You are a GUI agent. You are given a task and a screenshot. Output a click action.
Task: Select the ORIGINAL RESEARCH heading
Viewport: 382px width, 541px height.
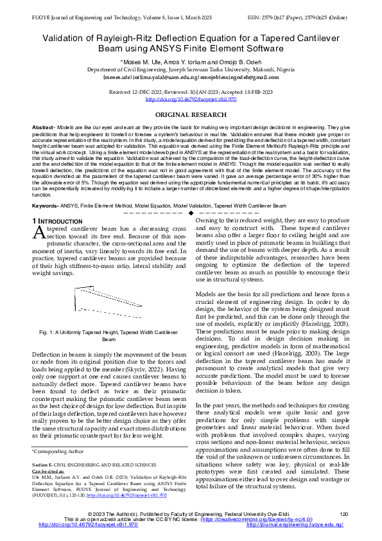[191, 114]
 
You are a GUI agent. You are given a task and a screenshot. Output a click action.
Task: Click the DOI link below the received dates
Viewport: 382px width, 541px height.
[191, 99]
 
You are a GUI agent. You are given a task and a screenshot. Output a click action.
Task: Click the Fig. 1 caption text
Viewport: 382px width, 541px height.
[100, 335]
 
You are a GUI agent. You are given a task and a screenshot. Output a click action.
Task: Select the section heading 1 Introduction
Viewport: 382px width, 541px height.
[56, 221]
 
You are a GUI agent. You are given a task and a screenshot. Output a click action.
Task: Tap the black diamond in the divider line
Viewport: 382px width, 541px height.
[191, 212]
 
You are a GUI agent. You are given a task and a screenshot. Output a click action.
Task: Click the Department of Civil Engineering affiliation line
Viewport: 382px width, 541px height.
[191, 68]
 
